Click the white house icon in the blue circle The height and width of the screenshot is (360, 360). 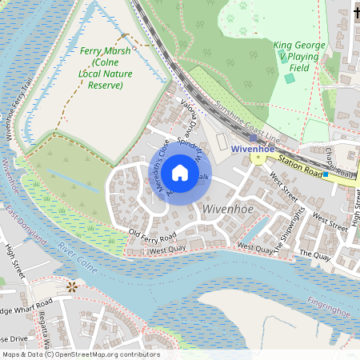(180, 172)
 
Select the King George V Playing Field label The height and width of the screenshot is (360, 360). (299, 58)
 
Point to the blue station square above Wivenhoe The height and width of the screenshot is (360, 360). (253, 138)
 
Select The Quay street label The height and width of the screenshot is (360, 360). (314, 254)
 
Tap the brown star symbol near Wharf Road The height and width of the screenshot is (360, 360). (73, 286)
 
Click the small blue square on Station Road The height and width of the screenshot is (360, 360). (326, 174)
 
